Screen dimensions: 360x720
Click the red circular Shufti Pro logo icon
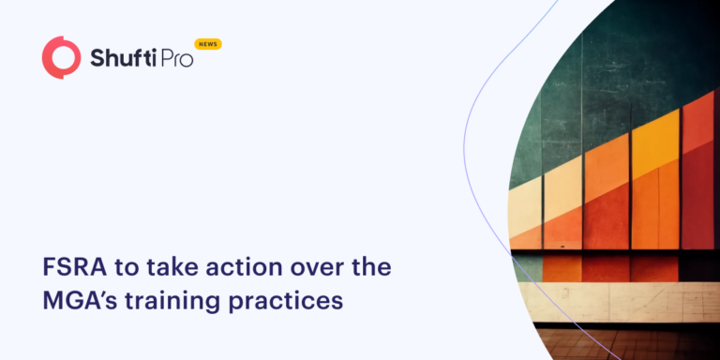[x=62, y=57]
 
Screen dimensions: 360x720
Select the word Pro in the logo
[x=173, y=59]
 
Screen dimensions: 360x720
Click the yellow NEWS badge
[x=208, y=44]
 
